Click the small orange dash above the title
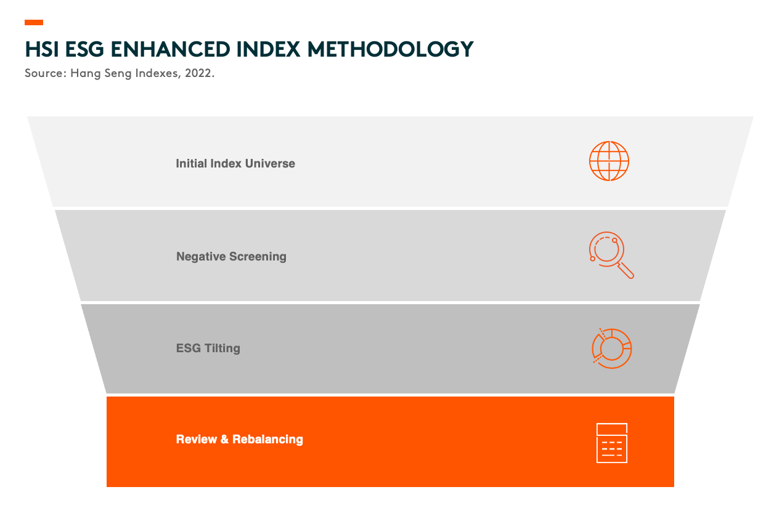point(34,22)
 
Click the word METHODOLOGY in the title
point(390,49)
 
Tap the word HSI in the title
point(42,49)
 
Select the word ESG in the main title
point(84,49)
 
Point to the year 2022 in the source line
point(198,73)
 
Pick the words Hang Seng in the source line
point(101,74)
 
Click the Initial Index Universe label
point(235,163)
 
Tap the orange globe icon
point(609,161)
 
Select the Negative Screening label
point(231,256)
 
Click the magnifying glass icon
point(611,255)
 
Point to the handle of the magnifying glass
point(625,270)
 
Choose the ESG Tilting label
point(208,348)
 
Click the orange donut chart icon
point(611,349)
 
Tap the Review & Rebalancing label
point(240,439)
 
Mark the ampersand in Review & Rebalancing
point(224,439)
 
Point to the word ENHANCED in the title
point(170,49)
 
